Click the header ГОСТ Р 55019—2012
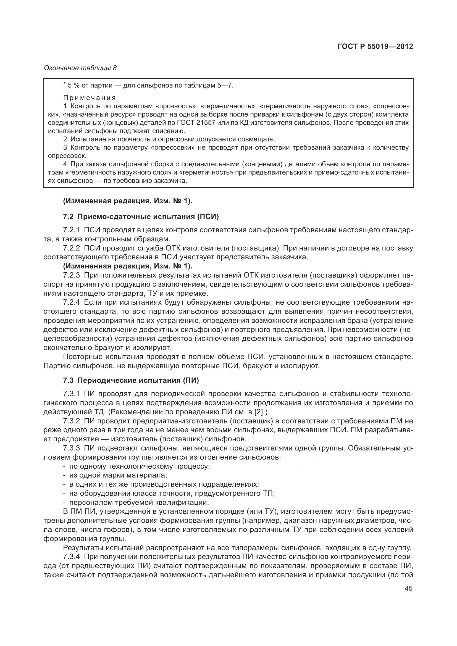pos(375,46)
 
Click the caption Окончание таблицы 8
pos(80,68)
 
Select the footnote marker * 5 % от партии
pos(73,85)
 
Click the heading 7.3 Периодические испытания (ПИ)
pos(131,380)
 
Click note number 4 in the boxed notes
pos(65,164)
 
